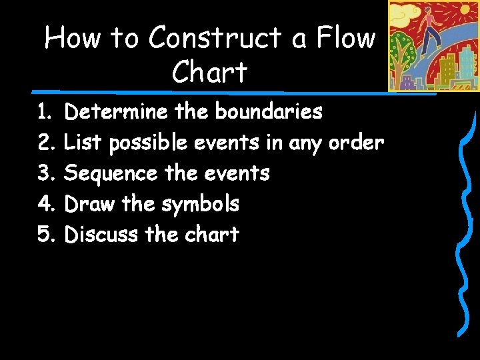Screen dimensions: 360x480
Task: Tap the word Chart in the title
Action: coord(209,72)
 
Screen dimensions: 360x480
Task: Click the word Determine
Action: coord(116,111)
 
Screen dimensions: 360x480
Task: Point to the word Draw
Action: coord(90,204)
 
